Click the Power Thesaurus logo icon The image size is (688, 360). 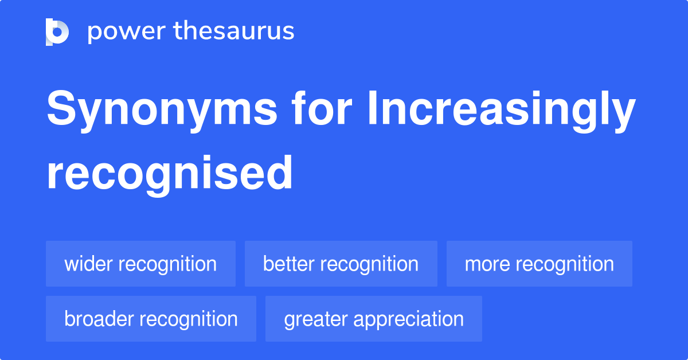pos(57,32)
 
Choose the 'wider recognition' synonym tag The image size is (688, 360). pos(140,264)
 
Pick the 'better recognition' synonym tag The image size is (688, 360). pos(341,264)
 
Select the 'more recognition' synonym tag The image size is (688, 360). pos(539,264)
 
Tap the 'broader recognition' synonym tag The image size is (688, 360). pos(151,319)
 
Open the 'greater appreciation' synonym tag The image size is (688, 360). pos(374,319)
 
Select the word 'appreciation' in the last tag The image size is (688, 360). pos(408,319)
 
